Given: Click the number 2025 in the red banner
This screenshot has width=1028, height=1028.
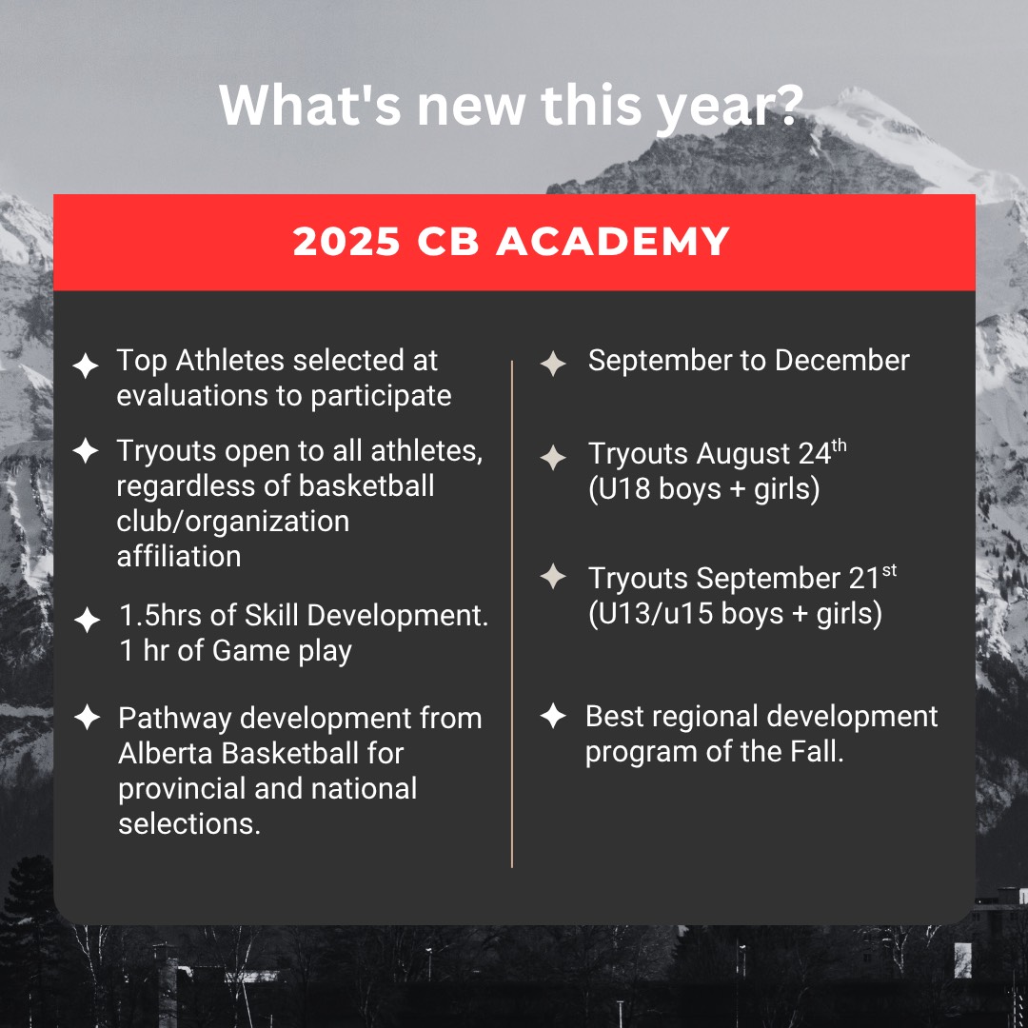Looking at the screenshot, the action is click(x=346, y=241).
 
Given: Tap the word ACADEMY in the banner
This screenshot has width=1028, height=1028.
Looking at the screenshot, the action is click(x=612, y=241).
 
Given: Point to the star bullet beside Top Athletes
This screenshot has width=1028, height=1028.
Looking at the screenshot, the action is click(x=86, y=366).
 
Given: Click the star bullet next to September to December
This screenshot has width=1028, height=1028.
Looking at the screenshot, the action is click(x=553, y=364).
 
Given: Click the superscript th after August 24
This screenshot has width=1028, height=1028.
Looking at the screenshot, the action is click(x=840, y=446).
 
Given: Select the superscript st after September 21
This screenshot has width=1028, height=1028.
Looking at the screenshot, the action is click(x=889, y=571).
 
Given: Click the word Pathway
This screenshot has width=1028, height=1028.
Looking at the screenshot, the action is click(x=175, y=720).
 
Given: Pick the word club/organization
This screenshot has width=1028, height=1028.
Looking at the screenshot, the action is click(x=233, y=522).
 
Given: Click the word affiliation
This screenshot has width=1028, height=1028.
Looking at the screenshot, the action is click(x=179, y=557).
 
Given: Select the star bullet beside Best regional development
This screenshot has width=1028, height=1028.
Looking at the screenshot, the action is click(x=553, y=716).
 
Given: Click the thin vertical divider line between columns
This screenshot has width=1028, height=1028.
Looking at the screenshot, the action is click(x=512, y=614).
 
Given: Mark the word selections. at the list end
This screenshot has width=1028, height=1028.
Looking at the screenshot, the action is click(x=189, y=824).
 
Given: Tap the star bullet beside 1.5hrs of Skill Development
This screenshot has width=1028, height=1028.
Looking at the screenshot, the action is click(x=87, y=621).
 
